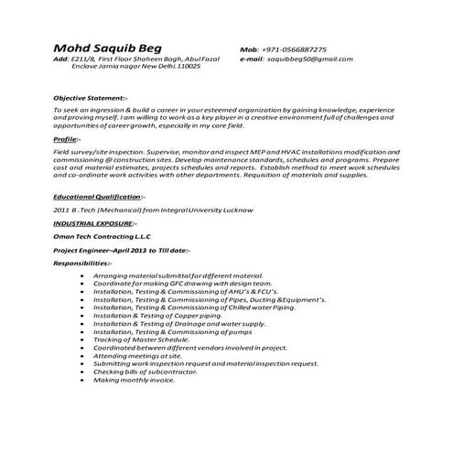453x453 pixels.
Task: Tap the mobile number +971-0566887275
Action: pos(299,49)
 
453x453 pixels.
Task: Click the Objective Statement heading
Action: pos(91,96)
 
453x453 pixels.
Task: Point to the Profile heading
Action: pos(67,138)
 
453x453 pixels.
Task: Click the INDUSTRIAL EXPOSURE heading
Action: pos(94,223)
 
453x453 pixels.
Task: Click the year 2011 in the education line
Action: pos(62,210)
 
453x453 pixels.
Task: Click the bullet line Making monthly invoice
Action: pos(134,380)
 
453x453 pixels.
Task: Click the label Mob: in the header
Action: pos(250,49)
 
